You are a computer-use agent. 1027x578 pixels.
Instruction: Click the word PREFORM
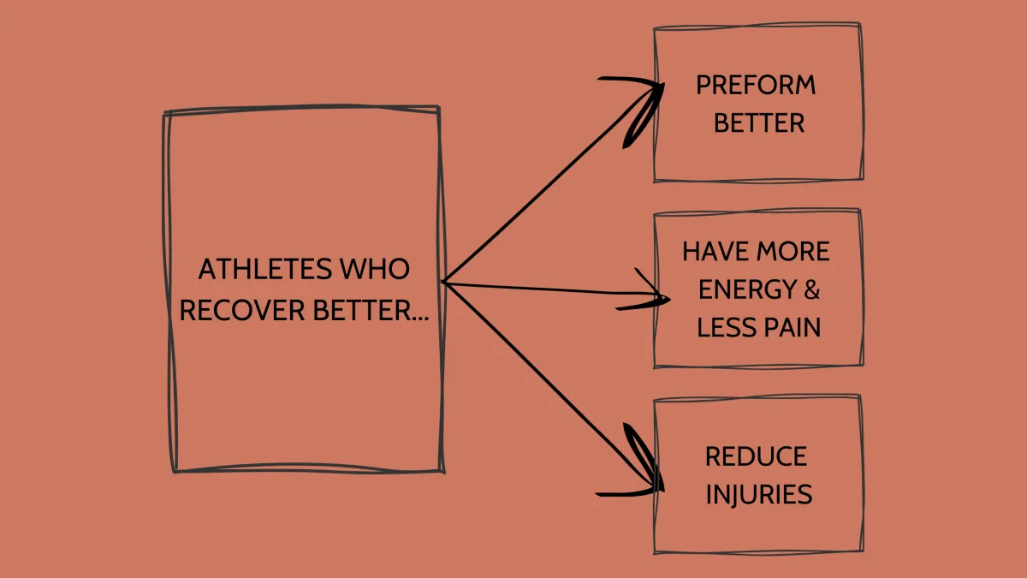pyautogui.click(x=756, y=86)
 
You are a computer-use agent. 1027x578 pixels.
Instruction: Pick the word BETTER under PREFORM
pyautogui.click(x=759, y=123)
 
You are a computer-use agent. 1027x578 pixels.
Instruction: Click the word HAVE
pyautogui.click(x=715, y=252)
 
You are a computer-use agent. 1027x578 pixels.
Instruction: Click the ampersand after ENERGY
pyautogui.click(x=811, y=289)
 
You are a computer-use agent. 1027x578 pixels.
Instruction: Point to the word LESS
pyautogui.click(x=724, y=327)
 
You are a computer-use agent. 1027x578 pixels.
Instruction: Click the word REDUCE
pyautogui.click(x=756, y=456)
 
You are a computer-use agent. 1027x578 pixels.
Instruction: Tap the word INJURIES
pyautogui.click(x=758, y=494)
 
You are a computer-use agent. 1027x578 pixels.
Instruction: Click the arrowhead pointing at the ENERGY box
pyautogui.click(x=663, y=298)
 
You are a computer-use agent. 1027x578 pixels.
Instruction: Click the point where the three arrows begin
pyautogui.click(x=443, y=282)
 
